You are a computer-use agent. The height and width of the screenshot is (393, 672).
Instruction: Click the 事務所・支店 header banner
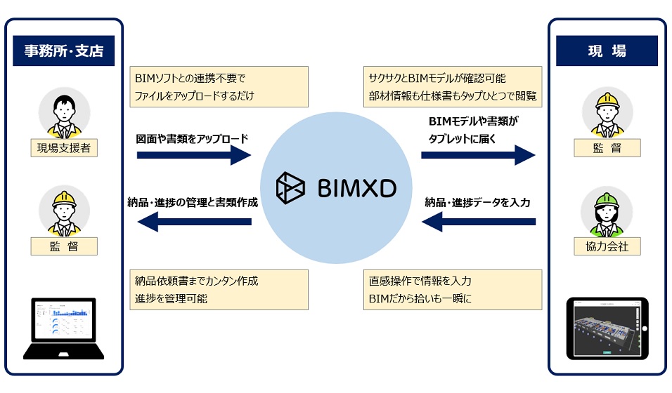tap(63, 51)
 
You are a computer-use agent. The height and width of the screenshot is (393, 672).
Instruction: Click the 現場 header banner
tap(607, 51)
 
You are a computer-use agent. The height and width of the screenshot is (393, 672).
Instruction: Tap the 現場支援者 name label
tap(64, 148)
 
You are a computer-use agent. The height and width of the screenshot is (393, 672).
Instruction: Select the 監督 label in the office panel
tap(64, 246)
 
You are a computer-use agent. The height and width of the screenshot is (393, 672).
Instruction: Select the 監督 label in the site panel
tap(607, 148)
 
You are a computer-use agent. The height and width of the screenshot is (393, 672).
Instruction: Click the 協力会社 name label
tap(607, 246)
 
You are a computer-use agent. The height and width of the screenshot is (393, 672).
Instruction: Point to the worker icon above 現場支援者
tap(64, 114)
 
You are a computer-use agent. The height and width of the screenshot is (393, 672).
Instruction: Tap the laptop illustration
tap(64, 328)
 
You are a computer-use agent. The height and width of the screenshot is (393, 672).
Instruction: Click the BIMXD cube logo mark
tap(290, 189)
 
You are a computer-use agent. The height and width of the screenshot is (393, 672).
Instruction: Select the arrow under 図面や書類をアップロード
tap(193, 155)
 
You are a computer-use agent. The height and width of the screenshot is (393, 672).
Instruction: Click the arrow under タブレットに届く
tap(478, 155)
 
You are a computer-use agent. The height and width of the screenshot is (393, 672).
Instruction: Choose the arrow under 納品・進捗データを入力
tap(478, 222)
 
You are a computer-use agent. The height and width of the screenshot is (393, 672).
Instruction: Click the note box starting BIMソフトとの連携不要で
tap(219, 87)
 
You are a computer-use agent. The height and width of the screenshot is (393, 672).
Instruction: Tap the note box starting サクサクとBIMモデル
tap(453, 87)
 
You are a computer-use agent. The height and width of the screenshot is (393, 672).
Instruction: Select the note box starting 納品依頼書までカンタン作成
tap(219, 290)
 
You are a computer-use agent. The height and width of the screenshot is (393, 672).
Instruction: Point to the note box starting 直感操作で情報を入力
tap(453, 290)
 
